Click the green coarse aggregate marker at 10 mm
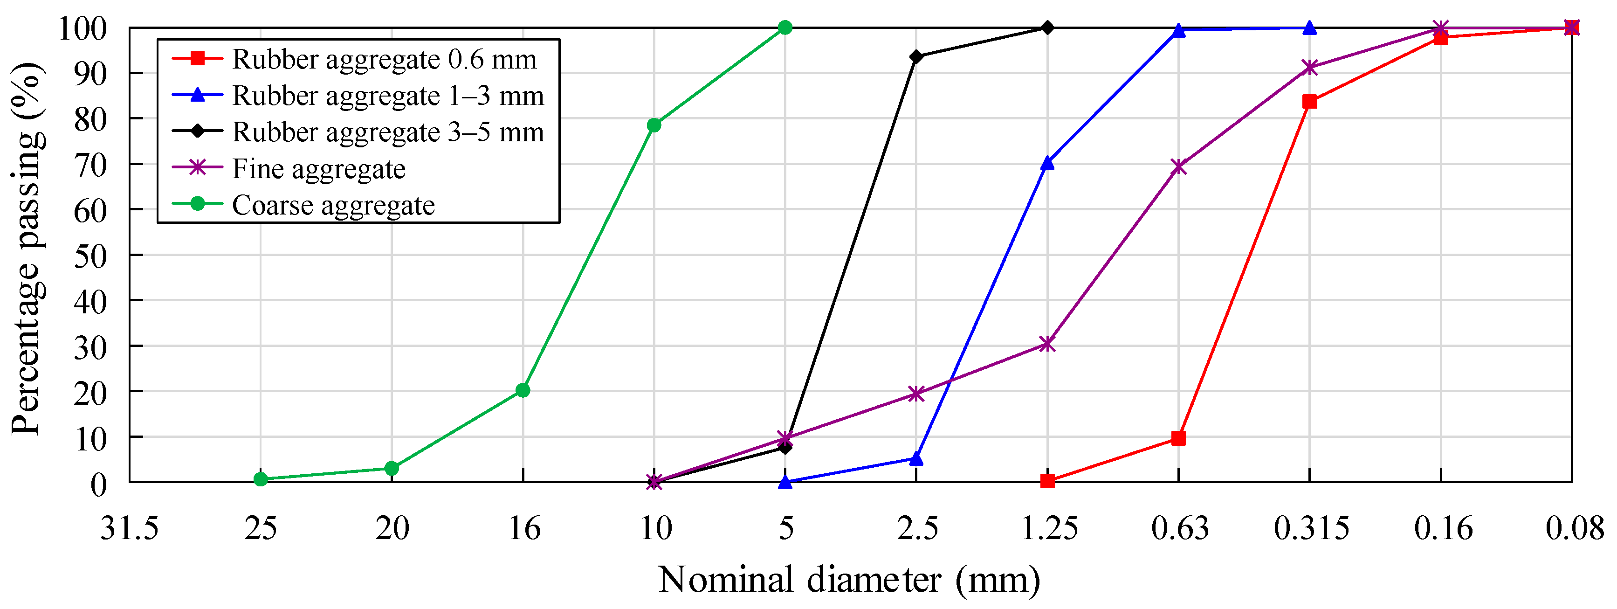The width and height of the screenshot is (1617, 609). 654,125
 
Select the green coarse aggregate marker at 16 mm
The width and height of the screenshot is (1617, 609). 523,390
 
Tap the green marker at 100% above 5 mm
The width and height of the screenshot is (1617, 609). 785,28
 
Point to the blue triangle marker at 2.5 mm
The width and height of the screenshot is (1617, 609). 916,459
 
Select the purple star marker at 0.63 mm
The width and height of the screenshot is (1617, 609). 1179,167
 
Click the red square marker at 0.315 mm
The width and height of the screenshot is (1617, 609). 1309,102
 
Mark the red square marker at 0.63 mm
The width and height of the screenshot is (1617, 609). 1179,438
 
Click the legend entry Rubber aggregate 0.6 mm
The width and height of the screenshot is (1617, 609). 384,60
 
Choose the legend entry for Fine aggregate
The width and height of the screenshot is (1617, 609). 318,169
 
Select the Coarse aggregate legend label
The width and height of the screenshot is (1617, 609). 333,205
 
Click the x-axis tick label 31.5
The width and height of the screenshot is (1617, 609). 129,528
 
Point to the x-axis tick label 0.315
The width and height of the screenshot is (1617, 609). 1311,528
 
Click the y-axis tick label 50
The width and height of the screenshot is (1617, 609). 91,256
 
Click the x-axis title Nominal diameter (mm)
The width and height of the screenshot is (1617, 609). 849,580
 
